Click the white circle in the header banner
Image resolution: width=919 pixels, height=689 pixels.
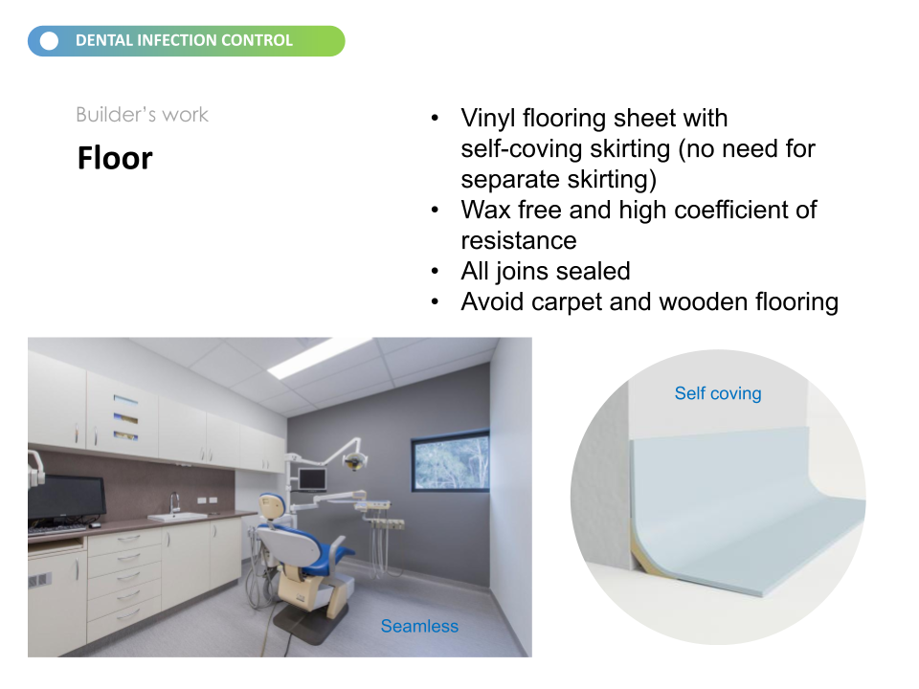point(49,41)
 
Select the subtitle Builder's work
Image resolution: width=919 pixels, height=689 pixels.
point(142,114)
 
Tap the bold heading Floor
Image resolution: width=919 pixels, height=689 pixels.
point(115,158)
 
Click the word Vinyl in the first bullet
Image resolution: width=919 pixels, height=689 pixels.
point(488,119)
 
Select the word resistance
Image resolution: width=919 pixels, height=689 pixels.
point(519,241)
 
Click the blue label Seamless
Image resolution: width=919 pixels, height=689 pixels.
point(419,626)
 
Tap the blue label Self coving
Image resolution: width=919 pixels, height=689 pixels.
point(718,393)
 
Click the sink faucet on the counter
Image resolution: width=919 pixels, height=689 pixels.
point(174,502)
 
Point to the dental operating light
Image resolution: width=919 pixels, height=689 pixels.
point(354,460)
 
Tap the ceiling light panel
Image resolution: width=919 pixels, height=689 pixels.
point(320,357)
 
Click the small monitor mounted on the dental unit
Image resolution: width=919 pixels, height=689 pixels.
point(312,479)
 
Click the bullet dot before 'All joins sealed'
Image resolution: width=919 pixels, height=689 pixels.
point(435,271)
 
